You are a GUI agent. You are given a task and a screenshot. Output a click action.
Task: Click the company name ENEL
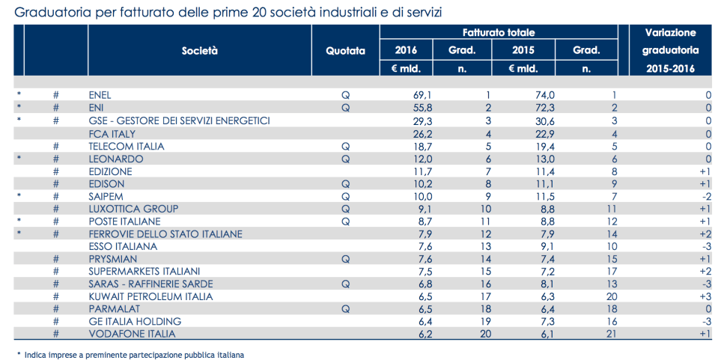[100, 95]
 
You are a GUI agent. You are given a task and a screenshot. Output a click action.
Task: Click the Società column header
[199, 51]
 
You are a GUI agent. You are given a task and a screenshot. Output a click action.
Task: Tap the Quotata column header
[345, 51]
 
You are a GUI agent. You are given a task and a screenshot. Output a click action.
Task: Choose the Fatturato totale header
[498, 32]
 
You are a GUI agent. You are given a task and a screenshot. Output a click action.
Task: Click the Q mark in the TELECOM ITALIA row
[345, 146]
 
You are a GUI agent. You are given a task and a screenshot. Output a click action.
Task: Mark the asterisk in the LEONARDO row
[19, 159]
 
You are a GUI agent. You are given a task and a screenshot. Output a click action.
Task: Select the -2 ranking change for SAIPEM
[705, 196]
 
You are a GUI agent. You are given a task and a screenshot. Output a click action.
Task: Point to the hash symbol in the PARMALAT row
[55, 309]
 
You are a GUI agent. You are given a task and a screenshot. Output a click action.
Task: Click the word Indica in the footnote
[37, 354]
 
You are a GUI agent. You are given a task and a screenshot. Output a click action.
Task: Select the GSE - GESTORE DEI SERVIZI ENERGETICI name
[179, 120]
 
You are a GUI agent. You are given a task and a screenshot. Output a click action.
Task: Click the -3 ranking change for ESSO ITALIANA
[705, 246]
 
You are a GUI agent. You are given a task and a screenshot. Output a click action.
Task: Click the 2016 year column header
[407, 51]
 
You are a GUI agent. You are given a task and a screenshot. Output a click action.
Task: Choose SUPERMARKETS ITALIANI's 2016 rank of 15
[485, 272]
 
